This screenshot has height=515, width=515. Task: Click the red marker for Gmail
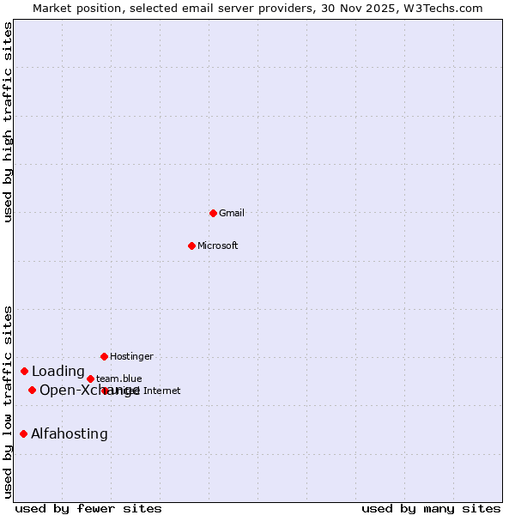(213, 213)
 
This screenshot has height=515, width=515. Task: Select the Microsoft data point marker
(191, 245)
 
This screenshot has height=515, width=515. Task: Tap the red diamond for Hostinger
(104, 356)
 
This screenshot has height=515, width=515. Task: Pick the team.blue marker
(90, 379)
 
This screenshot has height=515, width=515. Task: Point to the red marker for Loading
(24, 371)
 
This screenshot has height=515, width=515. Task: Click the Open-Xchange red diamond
(32, 390)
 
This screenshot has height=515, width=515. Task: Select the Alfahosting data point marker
(23, 433)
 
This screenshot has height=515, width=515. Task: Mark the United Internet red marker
(105, 391)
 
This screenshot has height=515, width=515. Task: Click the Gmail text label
(232, 213)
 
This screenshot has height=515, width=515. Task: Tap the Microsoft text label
(218, 245)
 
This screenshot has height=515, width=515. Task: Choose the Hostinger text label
(131, 356)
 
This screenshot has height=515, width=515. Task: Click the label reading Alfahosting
(70, 434)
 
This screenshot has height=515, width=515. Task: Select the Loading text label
(58, 372)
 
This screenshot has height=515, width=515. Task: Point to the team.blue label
(119, 379)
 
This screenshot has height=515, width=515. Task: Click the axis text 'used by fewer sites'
(88, 508)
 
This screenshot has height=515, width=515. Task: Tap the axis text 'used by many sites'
(431, 508)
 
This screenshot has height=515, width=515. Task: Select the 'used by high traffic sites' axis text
(8, 122)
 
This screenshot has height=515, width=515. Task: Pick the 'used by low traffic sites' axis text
(8, 402)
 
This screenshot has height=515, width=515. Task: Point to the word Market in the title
(53, 8)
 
